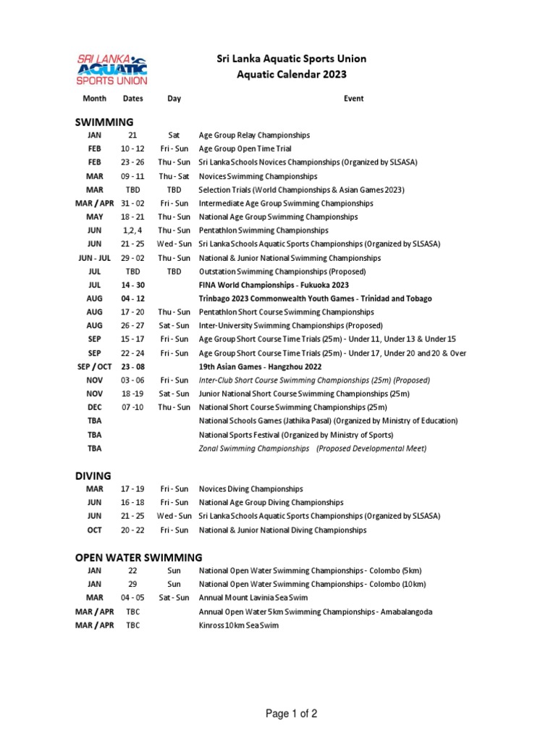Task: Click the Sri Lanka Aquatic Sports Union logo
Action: point(111,69)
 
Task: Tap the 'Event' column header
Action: point(353,99)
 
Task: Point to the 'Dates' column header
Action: point(132,99)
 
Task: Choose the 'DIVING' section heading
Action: point(93,476)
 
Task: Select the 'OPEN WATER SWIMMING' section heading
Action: point(139,557)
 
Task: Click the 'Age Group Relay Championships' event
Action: point(254,136)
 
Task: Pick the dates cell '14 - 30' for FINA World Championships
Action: point(132,285)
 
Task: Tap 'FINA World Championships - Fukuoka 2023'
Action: point(274,285)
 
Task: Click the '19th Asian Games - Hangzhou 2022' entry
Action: point(261,367)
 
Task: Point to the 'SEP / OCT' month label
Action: point(94,367)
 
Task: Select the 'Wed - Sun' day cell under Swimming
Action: point(174,244)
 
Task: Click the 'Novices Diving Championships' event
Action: point(250,489)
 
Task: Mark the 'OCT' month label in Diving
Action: point(94,530)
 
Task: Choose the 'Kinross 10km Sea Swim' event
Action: point(238,625)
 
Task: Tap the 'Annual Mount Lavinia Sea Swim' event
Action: point(253,598)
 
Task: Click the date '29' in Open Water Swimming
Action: point(132,584)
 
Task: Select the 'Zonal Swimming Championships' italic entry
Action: point(253,449)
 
